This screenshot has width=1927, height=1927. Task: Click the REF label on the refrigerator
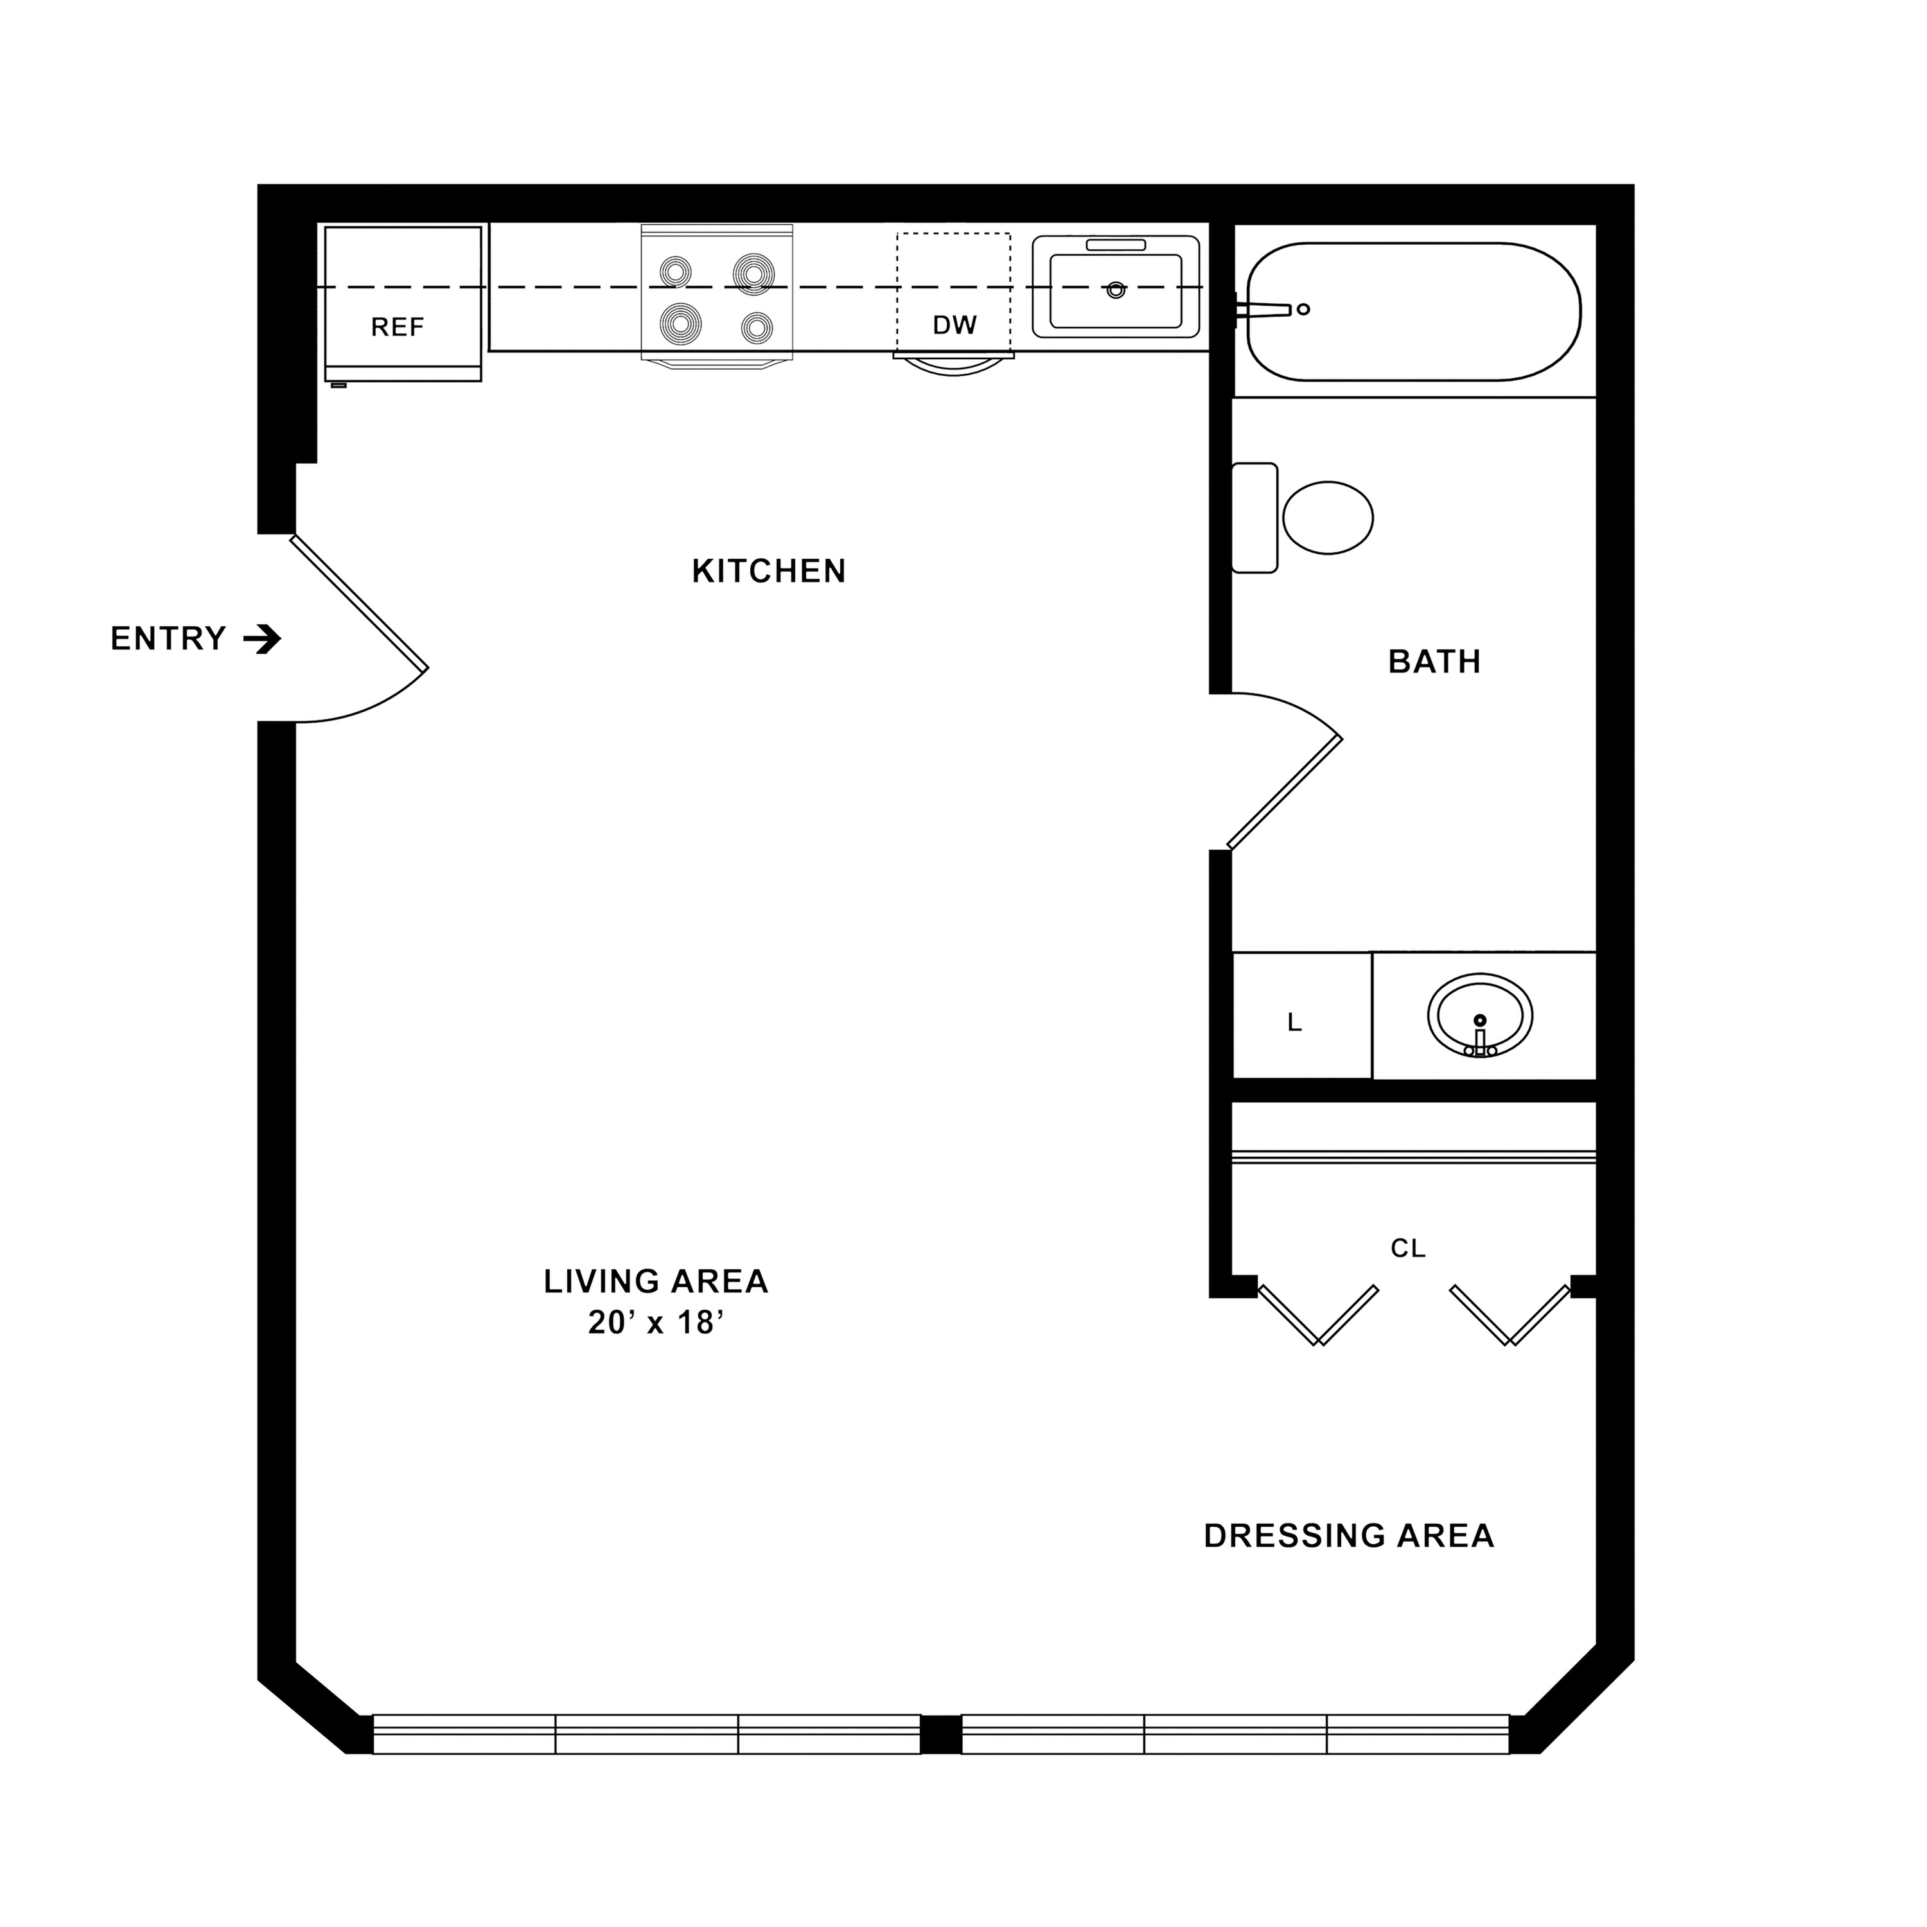(397, 327)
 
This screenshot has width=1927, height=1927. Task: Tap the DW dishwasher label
(955, 324)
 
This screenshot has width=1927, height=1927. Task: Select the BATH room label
(1434, 662)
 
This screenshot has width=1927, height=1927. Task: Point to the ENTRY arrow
(262, 638)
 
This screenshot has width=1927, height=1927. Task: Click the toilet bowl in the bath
(1328, 518)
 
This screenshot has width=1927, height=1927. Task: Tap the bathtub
(1413, 311)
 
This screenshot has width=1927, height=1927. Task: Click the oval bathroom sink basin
(1479, 1016)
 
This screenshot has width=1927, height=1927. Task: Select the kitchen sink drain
(1116, 290)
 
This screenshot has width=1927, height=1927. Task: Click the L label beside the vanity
(1295, 1023)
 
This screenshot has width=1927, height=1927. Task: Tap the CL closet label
(1407, 1248)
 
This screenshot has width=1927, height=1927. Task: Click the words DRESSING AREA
(1348, 1536)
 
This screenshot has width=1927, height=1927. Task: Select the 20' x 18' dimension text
(655, 1323)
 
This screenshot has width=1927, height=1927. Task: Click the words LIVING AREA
(655, 1281)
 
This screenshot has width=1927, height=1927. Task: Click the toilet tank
(1254, 518)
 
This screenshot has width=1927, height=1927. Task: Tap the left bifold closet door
(1319, 1315)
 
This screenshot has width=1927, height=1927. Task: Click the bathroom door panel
(1285, 793)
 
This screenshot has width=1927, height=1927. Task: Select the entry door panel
(359, 603)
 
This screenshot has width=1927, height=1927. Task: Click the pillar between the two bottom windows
(940, 1734)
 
